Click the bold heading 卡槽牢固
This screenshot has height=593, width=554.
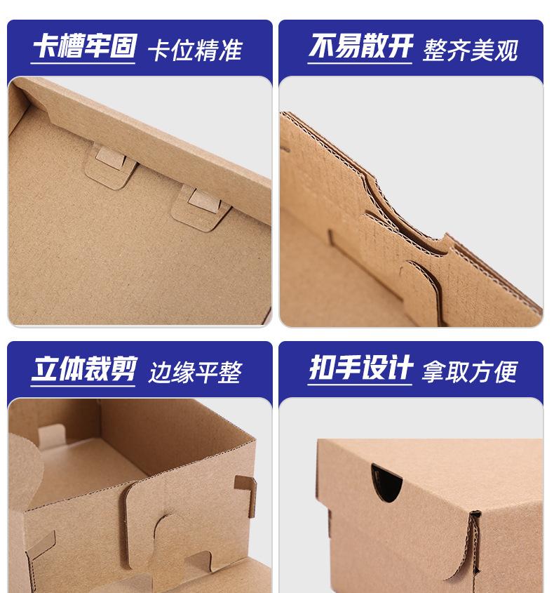[84, 48]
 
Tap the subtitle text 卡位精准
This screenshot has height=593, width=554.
[194, 51]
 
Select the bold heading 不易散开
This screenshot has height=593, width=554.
[360, 48]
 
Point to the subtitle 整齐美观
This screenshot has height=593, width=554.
[471, 51]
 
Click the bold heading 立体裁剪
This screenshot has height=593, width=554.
[84, 370]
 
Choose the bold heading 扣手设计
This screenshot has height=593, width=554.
[360, 370]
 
